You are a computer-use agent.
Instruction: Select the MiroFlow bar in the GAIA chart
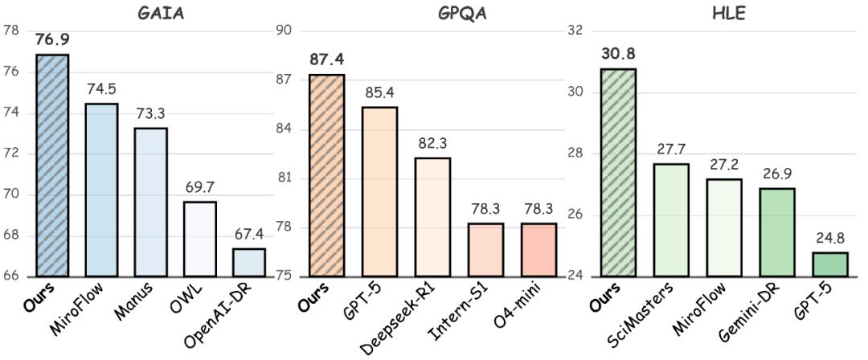[x=101, y=190]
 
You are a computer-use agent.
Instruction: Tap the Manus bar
[x=150, y=202]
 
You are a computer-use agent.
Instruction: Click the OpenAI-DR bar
[x=248, y=263]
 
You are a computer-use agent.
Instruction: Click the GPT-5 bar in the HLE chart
[x=830, y=264]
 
